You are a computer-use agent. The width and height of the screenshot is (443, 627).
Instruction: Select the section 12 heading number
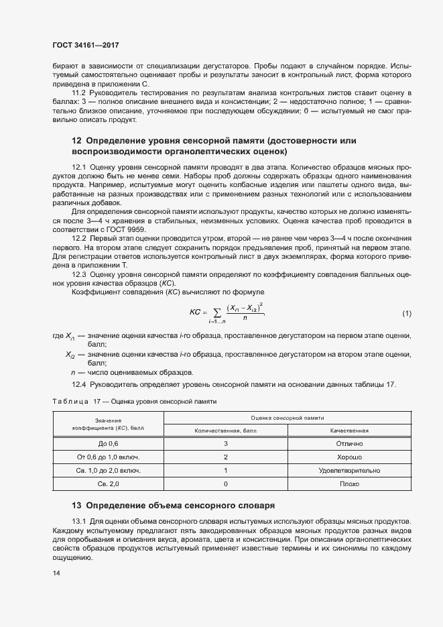tap(76, 141)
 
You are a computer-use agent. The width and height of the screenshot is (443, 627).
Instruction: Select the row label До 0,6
tap(108, 444)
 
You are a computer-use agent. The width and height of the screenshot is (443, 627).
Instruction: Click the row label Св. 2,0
tap(108, 483)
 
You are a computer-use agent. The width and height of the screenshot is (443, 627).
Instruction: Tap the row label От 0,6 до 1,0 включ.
tap(108, 457)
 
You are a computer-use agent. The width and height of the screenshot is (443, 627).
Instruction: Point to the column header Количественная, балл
tap(226, 430)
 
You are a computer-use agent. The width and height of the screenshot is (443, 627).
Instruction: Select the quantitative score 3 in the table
tap(226, 444)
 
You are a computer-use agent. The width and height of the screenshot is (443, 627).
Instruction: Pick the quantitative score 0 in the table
tap(226, 483)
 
